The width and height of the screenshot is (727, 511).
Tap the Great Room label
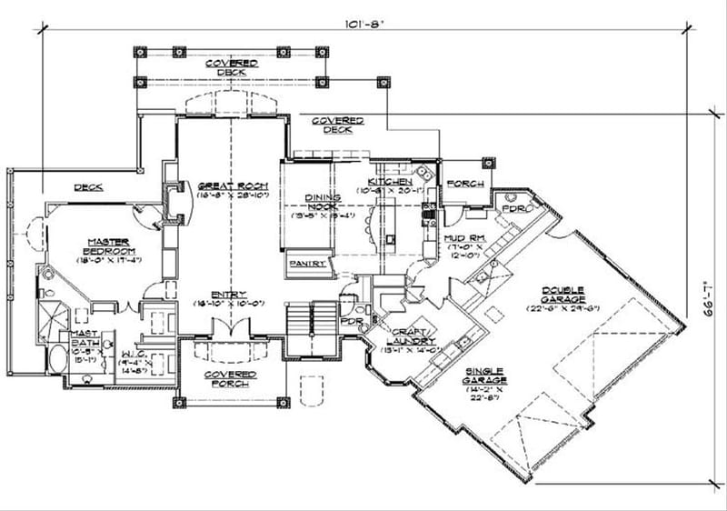click(230, 186)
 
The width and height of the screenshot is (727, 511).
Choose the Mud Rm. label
click(463, 237)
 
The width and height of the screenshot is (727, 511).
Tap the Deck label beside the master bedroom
click(88, 187)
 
